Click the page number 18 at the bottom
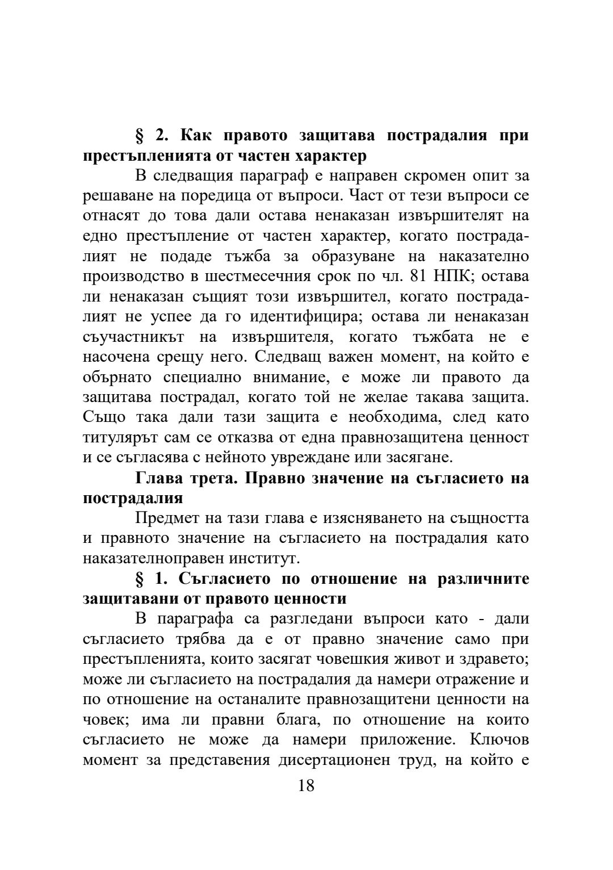(x=306, y=785)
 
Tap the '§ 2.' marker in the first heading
(x=150, y=136)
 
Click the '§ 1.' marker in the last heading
(x=150, y=579)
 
